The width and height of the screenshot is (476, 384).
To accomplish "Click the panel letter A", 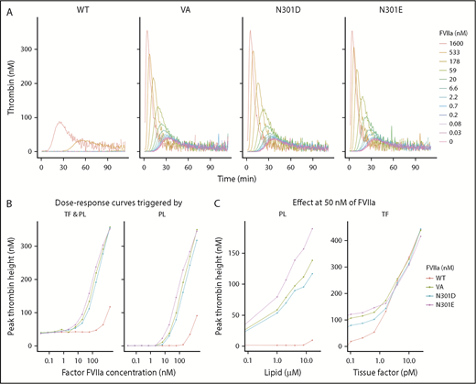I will point(7,7).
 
